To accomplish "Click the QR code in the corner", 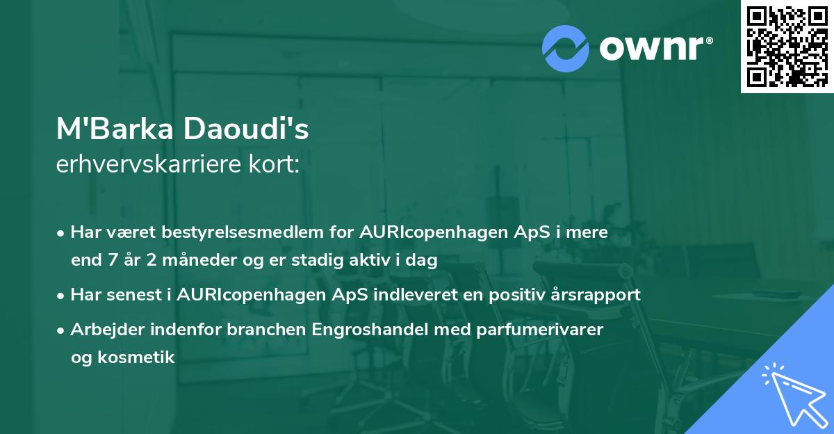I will (787, 47).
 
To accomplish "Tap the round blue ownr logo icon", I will (566, 48).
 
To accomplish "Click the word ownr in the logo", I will (655, 49).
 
